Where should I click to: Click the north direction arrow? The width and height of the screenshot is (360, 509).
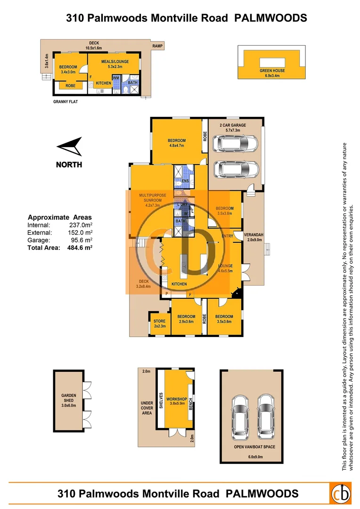tap(69, 148)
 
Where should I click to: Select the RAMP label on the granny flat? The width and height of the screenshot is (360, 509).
tap(157, 46)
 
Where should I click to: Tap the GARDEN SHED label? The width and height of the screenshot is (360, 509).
tap(68, 400)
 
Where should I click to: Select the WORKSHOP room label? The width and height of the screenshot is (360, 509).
tap(176, 399)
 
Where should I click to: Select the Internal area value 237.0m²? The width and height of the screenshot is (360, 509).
tap(81, 225)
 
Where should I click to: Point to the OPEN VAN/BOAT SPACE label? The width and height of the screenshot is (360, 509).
tap(254, 447)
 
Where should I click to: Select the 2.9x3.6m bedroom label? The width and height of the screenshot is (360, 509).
tap(186, 319)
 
